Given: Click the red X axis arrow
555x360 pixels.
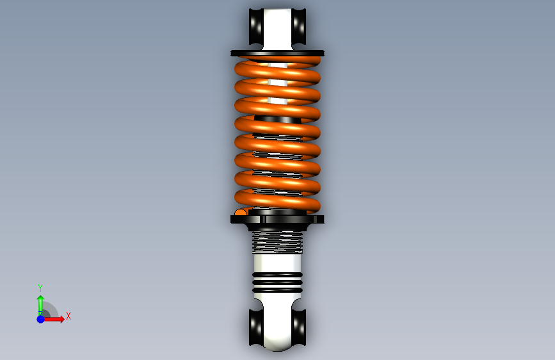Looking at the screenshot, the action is tap(53, 319).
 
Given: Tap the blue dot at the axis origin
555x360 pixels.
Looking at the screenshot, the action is tap(40, 319).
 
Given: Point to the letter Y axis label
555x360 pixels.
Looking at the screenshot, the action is tap(40, 288).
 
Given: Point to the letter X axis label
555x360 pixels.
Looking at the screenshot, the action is tap(68, 316).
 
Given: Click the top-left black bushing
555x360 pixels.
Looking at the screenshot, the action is tap(256, 26).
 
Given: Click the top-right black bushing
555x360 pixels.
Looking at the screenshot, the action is tap(299, 26).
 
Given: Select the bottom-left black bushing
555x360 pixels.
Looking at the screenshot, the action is tap(256, 327).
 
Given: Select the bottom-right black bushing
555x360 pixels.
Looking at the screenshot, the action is tap(299, 327).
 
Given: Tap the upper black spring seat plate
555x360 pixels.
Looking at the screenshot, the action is tap(278, 53).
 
